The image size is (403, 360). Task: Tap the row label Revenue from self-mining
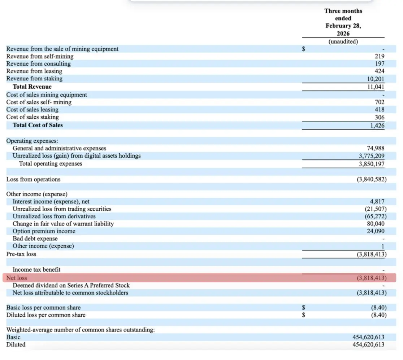[x=40, y=56]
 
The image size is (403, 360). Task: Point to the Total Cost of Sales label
[x=38, y=125]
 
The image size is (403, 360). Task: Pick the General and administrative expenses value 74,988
[x=376, y=148]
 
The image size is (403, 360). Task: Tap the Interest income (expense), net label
[x=51, y=202]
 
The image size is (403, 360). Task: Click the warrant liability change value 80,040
[x=376, y=224]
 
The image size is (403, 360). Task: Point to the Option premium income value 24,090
[x=376, y=231]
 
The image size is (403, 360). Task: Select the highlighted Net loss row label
[x=17, y=278]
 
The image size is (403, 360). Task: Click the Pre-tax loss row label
[x=21, y=254]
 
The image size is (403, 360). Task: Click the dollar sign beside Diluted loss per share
[x=304, y=315]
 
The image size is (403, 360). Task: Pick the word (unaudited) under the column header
[x=343, y=41]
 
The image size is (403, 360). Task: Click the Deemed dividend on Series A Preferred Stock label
[x=71, y=285]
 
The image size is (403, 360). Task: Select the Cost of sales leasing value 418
[x=380, y=109]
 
